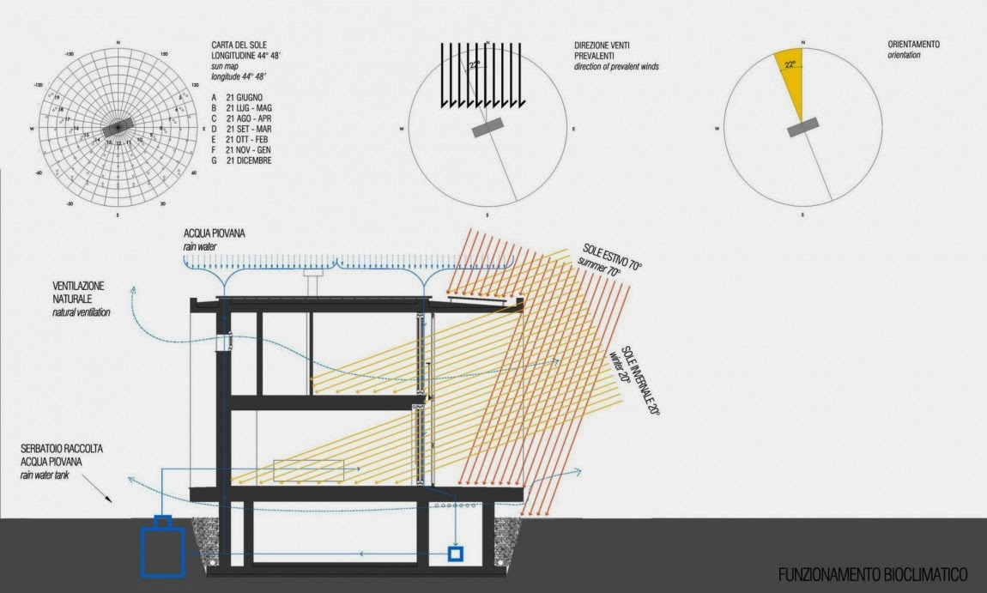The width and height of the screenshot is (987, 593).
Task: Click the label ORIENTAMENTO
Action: (x=913, y=44)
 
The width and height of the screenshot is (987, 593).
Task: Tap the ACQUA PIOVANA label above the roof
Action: (x=213, y=234)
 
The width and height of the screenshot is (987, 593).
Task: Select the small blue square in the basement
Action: (x=456, y=554)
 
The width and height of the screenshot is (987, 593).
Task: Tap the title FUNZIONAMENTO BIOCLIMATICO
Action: (x=872, y=574)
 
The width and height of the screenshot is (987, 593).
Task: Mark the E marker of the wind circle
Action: (x=573, y=130)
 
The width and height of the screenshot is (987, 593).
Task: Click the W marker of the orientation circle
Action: (x=716, y=130)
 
